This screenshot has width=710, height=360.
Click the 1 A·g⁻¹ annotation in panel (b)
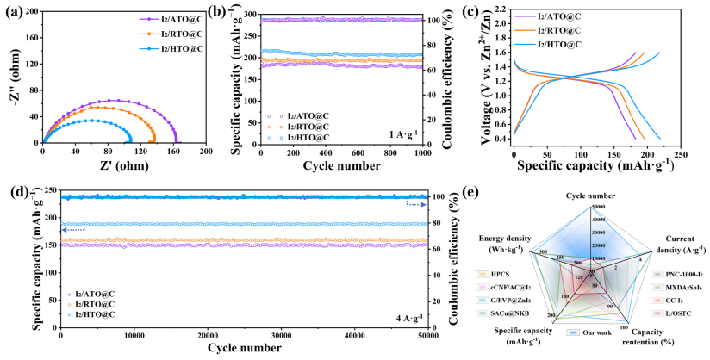click(406, 133)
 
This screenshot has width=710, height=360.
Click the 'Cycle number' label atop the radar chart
click(591, 197)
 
